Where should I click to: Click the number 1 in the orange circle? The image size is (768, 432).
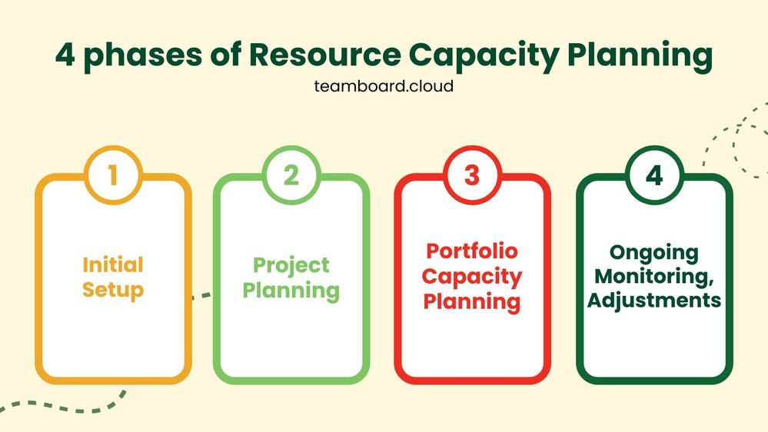click(x=113, y=176)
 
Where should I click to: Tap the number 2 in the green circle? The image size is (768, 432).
click(x=291, y=176)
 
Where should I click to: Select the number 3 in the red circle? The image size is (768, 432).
click(x=472, y=176)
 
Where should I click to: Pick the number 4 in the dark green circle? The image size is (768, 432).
click(x=653, y=176)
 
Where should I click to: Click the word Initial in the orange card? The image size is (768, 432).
click(x=113, y=265)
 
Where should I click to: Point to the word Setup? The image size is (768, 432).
click(x=113, y=291)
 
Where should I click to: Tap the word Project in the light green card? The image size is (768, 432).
click(x=291, y=265)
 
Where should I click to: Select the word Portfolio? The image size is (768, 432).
click(x=472, y=251)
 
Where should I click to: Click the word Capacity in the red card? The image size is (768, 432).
click(x=472, y=276)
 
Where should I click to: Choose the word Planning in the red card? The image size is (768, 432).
click(x=472, y=301)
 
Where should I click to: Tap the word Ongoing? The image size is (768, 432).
click(x=653, y=252)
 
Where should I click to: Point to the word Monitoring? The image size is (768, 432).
click(x=652, y=276)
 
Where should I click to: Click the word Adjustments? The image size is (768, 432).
click(x=653, y=300)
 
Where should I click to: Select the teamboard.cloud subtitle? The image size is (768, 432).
click(x=384, y=86)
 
